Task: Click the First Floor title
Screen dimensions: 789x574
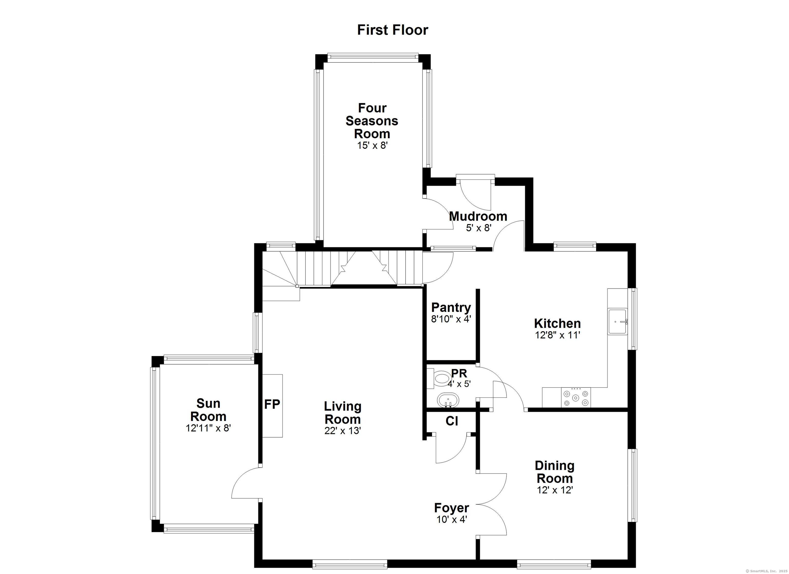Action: point(392,30)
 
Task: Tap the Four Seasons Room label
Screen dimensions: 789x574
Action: point(372,121)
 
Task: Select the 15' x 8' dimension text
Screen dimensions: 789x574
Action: point(372,145)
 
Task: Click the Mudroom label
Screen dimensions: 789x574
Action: point(478,216)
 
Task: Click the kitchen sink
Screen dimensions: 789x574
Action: point(617,321)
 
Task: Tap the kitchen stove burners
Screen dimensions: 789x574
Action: point(576,397)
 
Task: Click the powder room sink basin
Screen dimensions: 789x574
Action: point(448,400)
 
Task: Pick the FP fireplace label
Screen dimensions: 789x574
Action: point(272,404)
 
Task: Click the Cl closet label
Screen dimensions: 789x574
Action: point(452,421)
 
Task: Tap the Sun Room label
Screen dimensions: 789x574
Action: point(208,410)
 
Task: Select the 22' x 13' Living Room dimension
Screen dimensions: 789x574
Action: point(343,431)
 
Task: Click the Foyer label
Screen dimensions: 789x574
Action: point(452,508)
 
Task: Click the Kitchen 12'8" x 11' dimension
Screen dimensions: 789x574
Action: point(558,335)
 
